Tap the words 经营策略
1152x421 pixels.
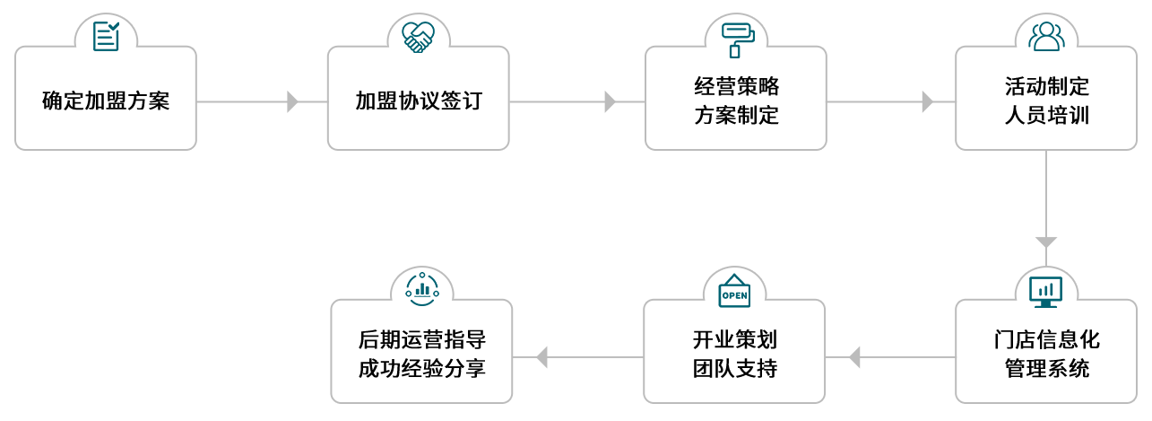pos(737,87)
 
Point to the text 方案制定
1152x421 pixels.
pos(737,116)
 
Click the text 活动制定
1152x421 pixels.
pos(1047,87)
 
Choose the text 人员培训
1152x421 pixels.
pos(1047,116)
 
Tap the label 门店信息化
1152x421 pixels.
pos(1047,340)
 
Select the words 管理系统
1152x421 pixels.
pos(1047,369)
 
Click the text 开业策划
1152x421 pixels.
pos(735,340)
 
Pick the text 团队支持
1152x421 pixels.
pos(735,369)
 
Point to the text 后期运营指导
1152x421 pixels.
pos(422,340)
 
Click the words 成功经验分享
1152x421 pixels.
pos(422,369)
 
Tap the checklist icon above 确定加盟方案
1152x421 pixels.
pos(106,37)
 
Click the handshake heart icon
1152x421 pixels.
pos(419,37)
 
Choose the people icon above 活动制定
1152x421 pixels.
pos(1047,36)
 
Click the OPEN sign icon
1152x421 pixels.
pos(735,292)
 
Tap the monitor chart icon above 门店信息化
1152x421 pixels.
pos(1046,291)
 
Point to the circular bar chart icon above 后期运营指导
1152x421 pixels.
pos(422,288)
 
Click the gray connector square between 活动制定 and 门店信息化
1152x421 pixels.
pos(1046,242)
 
